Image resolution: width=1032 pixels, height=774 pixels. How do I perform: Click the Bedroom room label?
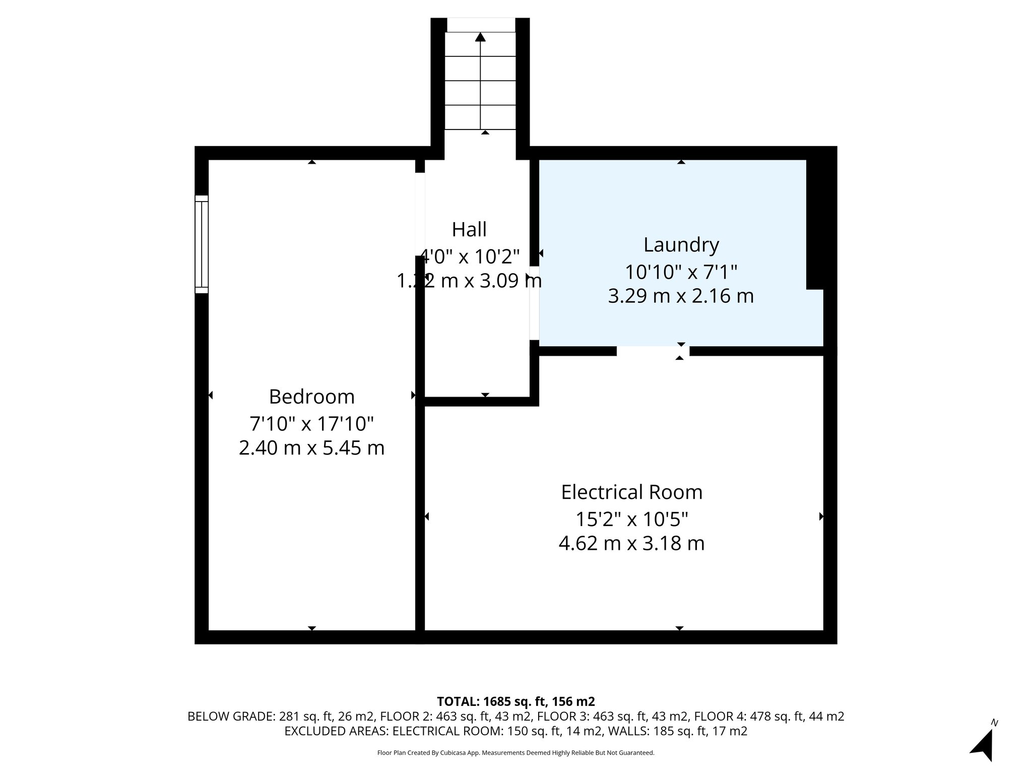click(311, 397)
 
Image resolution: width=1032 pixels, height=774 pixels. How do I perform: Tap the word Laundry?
click(681, 245)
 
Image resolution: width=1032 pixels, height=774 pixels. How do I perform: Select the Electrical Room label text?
click(631, 492)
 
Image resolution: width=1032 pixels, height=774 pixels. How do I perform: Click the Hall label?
click(469, 229)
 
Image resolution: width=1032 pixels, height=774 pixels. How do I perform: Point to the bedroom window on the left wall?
click(202, 244)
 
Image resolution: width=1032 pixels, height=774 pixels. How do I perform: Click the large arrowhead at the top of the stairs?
click(480, 37)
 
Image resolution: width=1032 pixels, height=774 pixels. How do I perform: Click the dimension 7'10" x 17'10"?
click(311, 424)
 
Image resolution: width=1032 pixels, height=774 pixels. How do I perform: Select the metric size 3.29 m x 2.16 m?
click(681, 296)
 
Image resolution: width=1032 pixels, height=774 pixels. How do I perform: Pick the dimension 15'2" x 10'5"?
click(631, 519)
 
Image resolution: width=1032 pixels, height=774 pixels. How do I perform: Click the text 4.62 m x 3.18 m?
click(631, 543)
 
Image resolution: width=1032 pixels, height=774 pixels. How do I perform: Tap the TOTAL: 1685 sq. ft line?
click(515, 701)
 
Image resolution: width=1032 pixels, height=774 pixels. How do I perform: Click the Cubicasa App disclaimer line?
click(515, 753)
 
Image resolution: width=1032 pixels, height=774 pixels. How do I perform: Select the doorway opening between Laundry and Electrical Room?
click(653, 351)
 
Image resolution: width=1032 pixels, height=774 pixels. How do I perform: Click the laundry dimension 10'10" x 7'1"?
click(681, 272)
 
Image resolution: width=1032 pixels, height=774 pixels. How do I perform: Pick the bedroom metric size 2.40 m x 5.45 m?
click(311, 448)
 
